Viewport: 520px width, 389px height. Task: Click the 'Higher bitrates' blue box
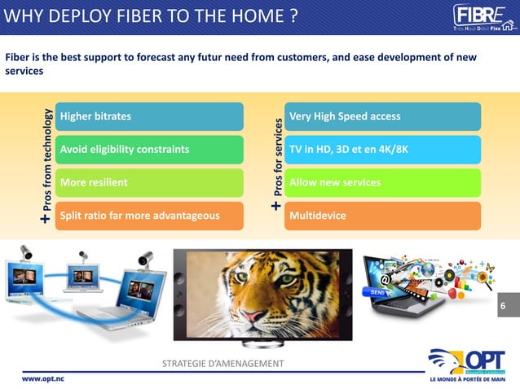coord(149,116)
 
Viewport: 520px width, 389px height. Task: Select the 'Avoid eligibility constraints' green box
coord(149,150)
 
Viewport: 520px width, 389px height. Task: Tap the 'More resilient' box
coord(149,182)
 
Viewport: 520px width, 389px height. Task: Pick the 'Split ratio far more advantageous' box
coord(149,216)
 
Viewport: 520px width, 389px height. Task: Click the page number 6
coord(503,306)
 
